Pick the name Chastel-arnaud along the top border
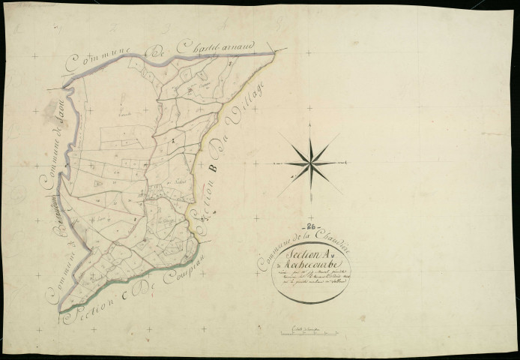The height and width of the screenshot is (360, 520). pyautogui.click(x=217, y=44)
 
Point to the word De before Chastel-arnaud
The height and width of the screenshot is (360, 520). pyautogui.click(x=158, y=50)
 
